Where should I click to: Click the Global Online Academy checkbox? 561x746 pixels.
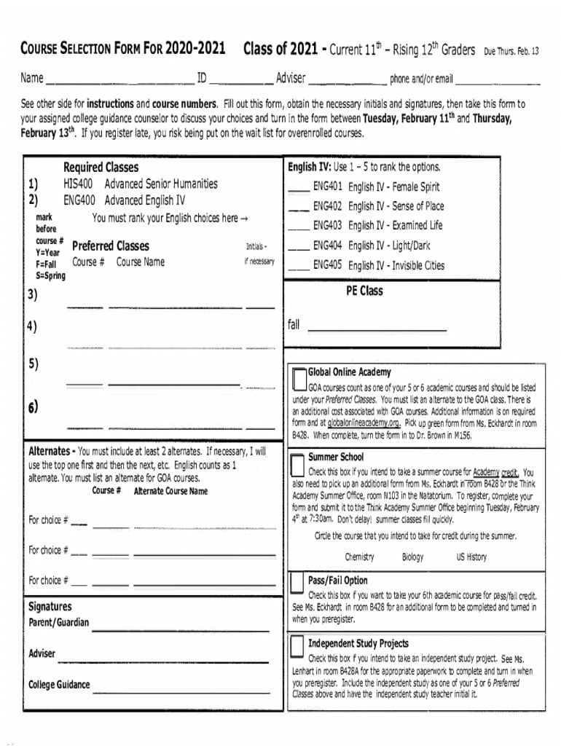[299, 379]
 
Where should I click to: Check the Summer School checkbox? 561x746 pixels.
[297, 465]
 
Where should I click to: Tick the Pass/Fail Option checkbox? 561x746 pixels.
[297, 583]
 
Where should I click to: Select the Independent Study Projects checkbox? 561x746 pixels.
[297, 646]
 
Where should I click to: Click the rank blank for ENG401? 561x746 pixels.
[298, 188]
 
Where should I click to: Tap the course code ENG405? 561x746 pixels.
[328, 266]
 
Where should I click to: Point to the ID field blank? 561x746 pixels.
[240, 79]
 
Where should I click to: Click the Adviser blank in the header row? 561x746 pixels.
[347, 79]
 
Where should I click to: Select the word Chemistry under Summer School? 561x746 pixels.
[359, 557]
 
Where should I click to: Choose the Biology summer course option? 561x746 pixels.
[412, 557]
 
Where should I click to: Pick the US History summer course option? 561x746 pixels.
[471, 557]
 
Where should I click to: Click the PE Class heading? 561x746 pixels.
[364, 291]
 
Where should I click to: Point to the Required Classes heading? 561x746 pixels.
[101, 168]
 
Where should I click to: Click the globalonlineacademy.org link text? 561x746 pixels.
[364, 423]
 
